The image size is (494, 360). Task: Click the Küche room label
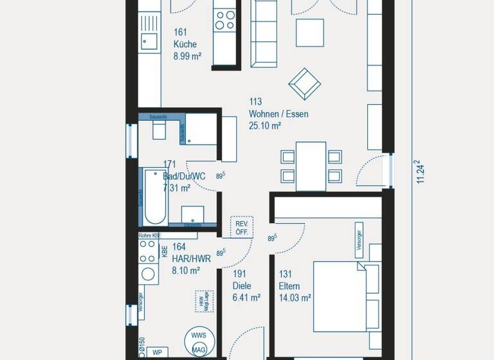pos(185,44)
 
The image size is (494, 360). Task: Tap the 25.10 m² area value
pos(264,126)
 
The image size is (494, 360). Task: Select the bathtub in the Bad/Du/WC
pos(154,197)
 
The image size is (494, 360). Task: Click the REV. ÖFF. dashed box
pos(242,227)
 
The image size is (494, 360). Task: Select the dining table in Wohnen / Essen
pos(311,166)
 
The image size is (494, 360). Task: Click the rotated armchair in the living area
pos(305,83)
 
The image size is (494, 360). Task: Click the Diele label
pos(242,286)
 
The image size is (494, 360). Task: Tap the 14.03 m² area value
pos(295,298)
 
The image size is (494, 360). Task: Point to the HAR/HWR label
pos(191,259)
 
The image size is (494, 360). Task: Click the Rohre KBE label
pos(149,237)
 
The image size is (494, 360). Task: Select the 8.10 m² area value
pos(187,271)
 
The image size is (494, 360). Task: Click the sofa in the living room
pos(263,32)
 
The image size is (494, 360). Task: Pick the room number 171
pos(170,165)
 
